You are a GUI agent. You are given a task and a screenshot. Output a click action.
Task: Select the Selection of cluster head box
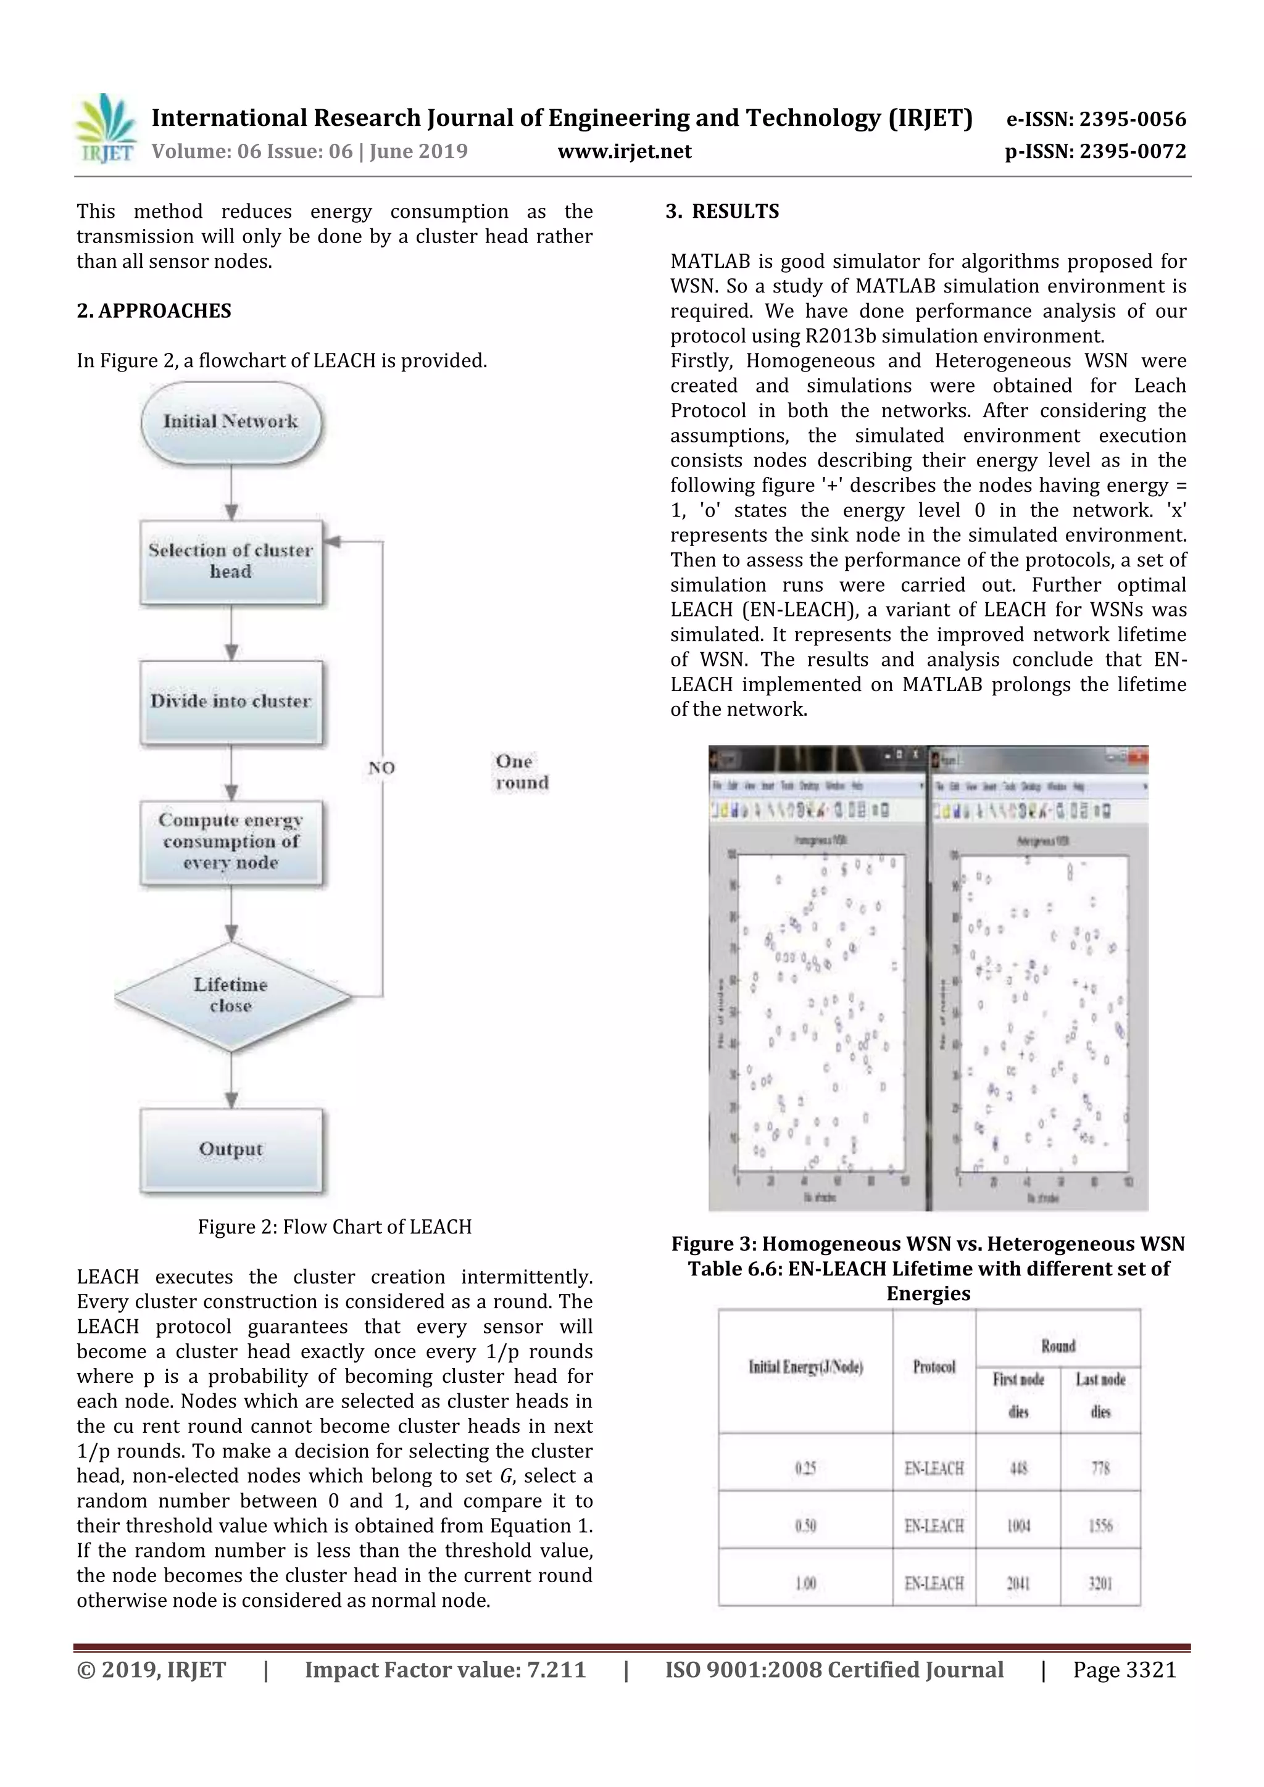(230, 561)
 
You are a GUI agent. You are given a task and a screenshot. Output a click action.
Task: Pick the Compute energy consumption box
(230, 842)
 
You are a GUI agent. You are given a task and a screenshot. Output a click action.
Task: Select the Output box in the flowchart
(230, 1150)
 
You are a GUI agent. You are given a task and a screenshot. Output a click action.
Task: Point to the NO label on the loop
(381, 768)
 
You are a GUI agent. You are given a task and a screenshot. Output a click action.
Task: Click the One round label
(522, 772)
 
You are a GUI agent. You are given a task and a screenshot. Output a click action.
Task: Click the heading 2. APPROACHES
(154, 312)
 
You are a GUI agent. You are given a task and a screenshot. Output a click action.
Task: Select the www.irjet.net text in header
(624, 152)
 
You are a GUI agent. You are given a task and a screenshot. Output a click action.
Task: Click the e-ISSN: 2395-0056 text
(1096, 119)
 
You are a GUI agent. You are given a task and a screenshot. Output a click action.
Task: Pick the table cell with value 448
(1018, 1468)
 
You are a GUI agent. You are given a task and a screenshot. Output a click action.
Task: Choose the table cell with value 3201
(1100, 1583)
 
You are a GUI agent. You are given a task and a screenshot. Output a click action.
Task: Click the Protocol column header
(934, 1367)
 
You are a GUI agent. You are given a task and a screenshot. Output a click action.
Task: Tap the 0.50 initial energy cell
(805, 1525)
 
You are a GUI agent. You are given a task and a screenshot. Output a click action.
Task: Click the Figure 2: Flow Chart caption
(335, 1227)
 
